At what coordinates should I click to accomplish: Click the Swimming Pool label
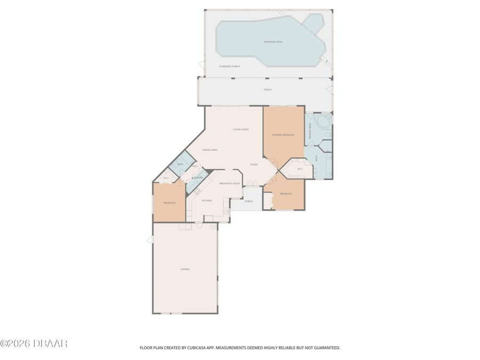[x=273, y=41]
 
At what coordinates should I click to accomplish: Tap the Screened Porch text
[x=229, y=66]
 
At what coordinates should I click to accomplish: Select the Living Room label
[x=241, y=130]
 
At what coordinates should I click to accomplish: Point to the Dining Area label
[x=210, y=150]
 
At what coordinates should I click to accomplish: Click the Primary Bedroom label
[x=283, y=135]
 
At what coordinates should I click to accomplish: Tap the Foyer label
[x=253, y=164]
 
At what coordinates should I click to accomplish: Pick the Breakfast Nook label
[x=229, y=183]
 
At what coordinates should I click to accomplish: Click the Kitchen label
[x=206, y=200]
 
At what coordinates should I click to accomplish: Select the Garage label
[x=185, y=269]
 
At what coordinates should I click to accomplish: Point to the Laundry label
[x=197, y=177]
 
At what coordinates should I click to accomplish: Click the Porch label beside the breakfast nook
[x=249, y=201]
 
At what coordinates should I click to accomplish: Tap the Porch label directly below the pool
[x=267, y=90]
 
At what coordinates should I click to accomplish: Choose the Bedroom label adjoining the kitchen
[x=169, y=203]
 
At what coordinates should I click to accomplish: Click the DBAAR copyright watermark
[x=34, y=343]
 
